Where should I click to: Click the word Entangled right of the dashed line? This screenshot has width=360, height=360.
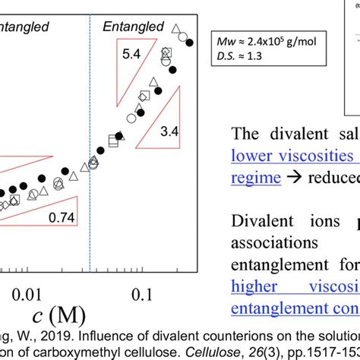coord(133,27)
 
